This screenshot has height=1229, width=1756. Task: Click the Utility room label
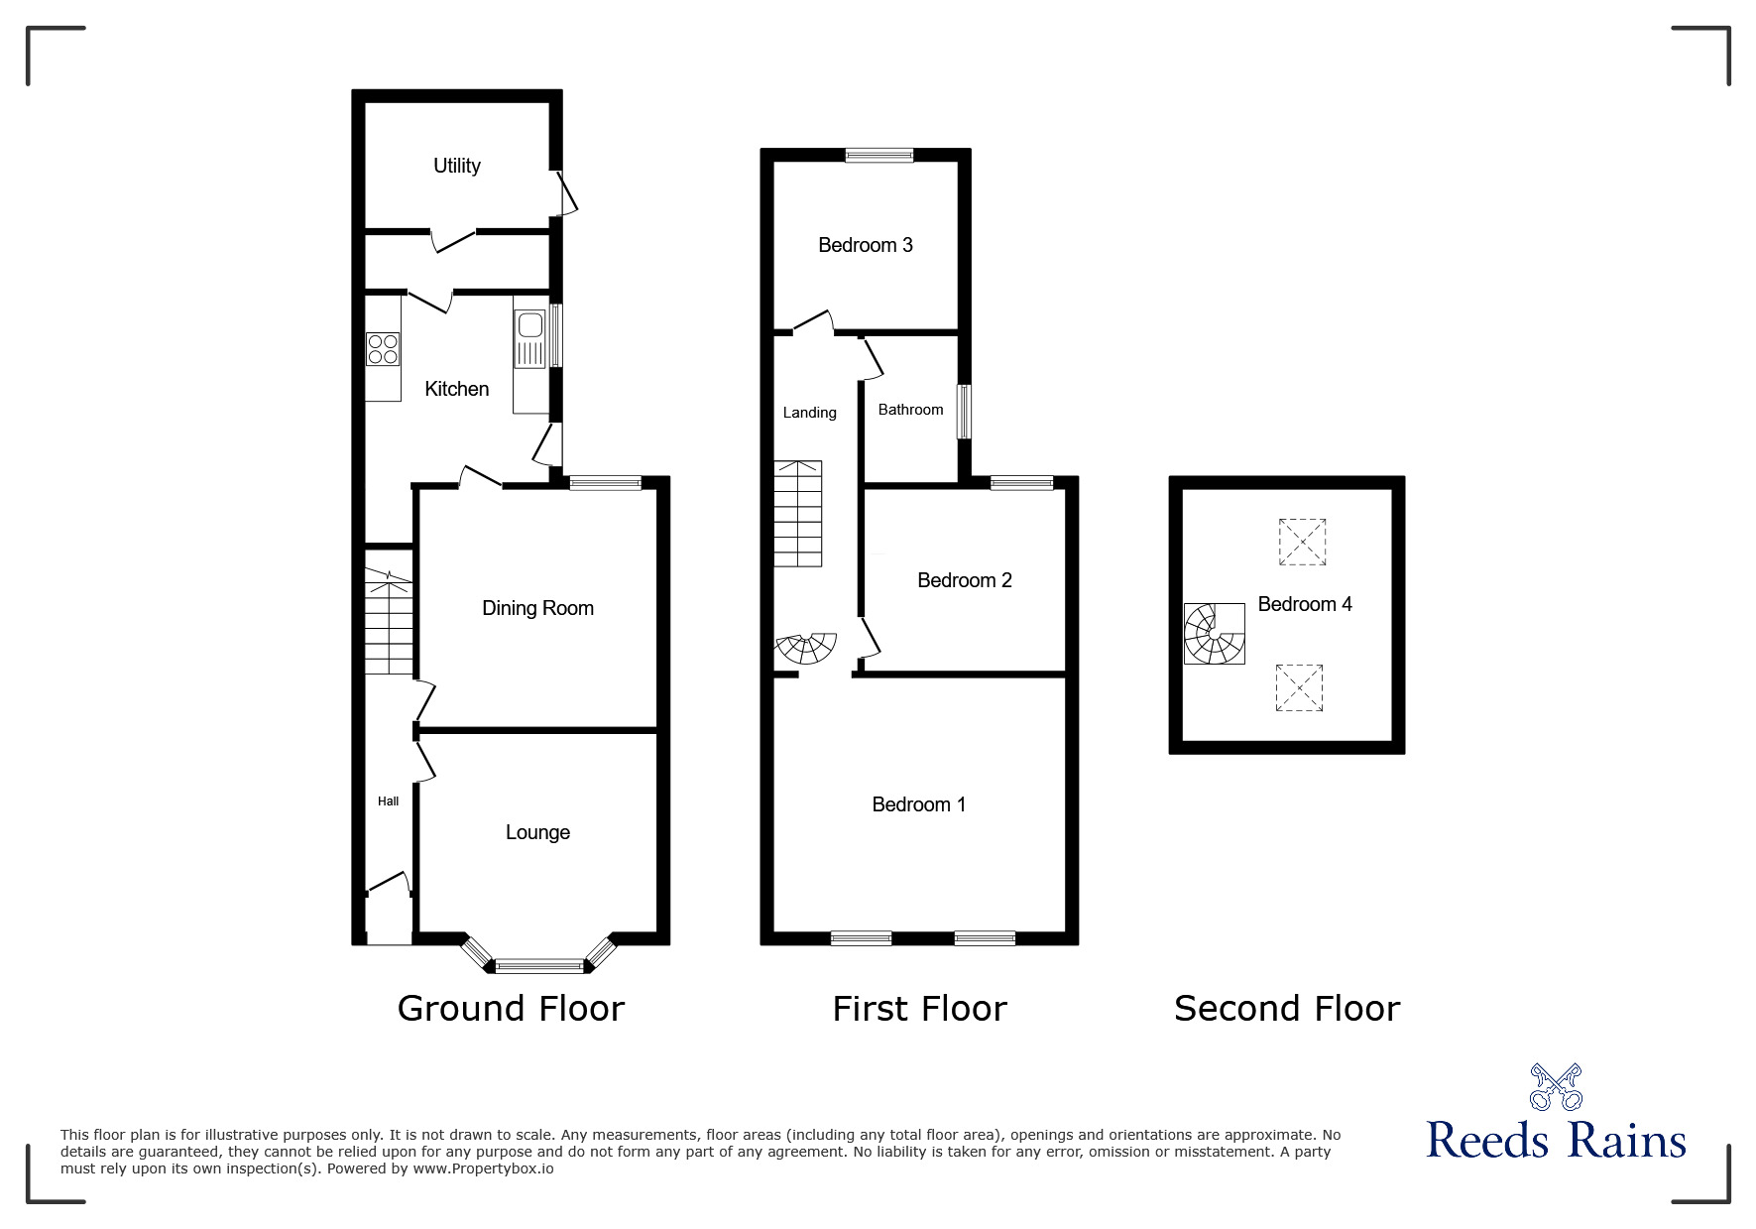456,166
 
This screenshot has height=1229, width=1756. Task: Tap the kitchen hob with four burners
383,349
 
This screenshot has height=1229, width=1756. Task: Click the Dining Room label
537,608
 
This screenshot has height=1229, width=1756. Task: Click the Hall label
388,801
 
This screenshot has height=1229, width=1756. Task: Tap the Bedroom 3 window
879,155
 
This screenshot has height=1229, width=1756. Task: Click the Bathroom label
910,410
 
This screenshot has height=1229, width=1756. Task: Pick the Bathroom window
964,412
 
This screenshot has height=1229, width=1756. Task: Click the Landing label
809,413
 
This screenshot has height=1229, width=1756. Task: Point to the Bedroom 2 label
964,580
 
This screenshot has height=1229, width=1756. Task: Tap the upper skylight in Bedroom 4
1302,542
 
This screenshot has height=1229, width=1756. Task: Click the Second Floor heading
1286,1009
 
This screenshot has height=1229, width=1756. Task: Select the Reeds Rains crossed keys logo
1556,1087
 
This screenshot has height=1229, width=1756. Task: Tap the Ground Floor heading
511,1009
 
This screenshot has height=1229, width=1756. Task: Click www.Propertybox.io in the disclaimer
483,1168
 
